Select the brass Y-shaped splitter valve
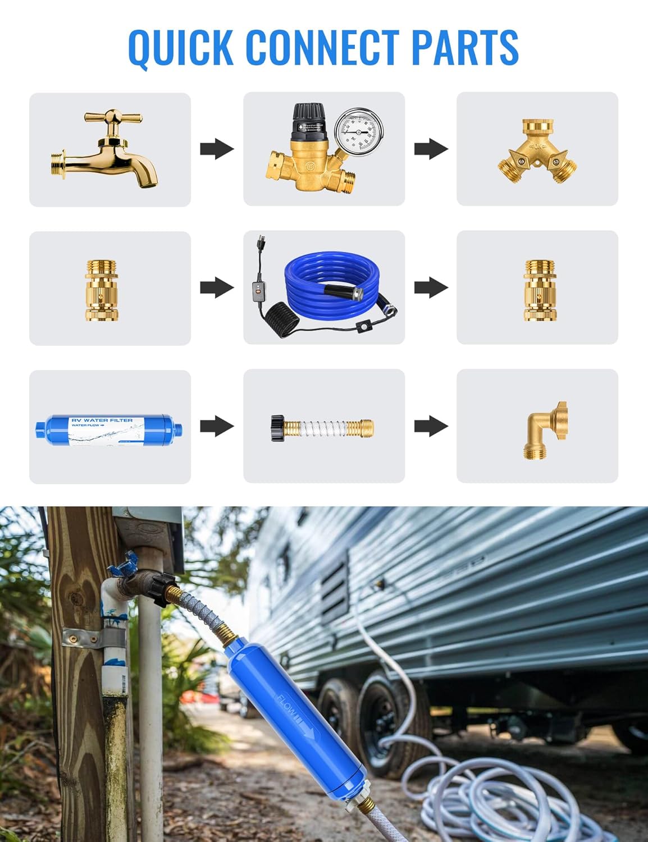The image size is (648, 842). (x=537, y=151)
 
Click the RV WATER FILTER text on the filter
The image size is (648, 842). (x=102, y=420)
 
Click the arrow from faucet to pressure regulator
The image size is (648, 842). (x=217, y=149)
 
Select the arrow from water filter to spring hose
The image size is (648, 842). (x=217, y=426)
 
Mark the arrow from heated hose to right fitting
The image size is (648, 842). (x=431, y=287)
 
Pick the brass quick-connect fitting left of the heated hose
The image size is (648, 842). (x=102, y=290)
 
